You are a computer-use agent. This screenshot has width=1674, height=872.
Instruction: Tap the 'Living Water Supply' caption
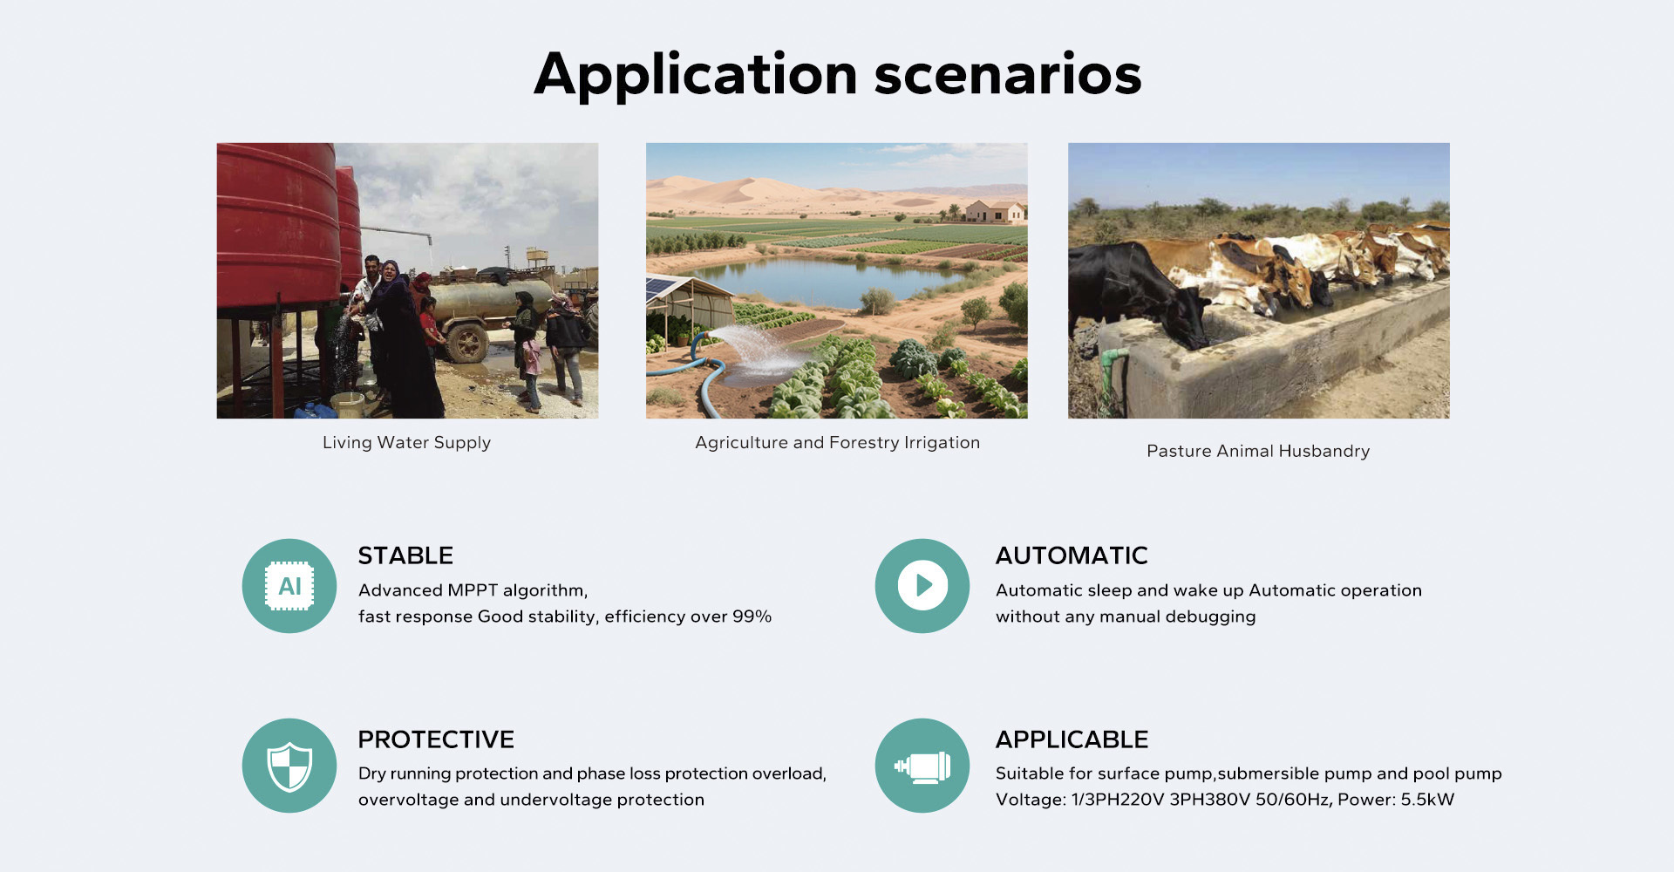[x=406, y=443]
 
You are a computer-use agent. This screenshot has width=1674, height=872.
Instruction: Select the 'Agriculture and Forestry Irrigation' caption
[x=837, y=443]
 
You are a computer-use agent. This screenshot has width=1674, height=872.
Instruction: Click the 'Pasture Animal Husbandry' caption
[x=1258, y=451]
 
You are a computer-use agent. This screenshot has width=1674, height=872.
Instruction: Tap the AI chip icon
[x=289, y=586]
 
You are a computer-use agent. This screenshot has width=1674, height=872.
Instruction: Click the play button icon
[x=922, y=586]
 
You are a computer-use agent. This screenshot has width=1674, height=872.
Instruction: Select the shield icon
[x=289, y=766]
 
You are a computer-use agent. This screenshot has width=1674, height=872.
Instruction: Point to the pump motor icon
[x=922, y=766]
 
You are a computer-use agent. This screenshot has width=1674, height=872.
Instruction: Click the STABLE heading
[x=405, y=555]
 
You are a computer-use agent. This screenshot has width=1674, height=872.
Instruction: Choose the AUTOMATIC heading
[x=1072, y=555]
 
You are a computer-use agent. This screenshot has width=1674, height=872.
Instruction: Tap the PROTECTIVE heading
[x=436, y=739]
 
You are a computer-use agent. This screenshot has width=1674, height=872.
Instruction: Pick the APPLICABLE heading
[x=1072, y=739]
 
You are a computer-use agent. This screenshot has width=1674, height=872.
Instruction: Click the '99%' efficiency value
[x=752, y=617]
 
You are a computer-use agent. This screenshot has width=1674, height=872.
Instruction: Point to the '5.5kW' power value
[x=1427, y=800]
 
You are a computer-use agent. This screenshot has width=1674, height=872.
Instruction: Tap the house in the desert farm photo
[x=995, y=211]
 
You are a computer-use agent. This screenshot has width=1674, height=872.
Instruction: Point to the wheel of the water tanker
[x=467, y=343]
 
